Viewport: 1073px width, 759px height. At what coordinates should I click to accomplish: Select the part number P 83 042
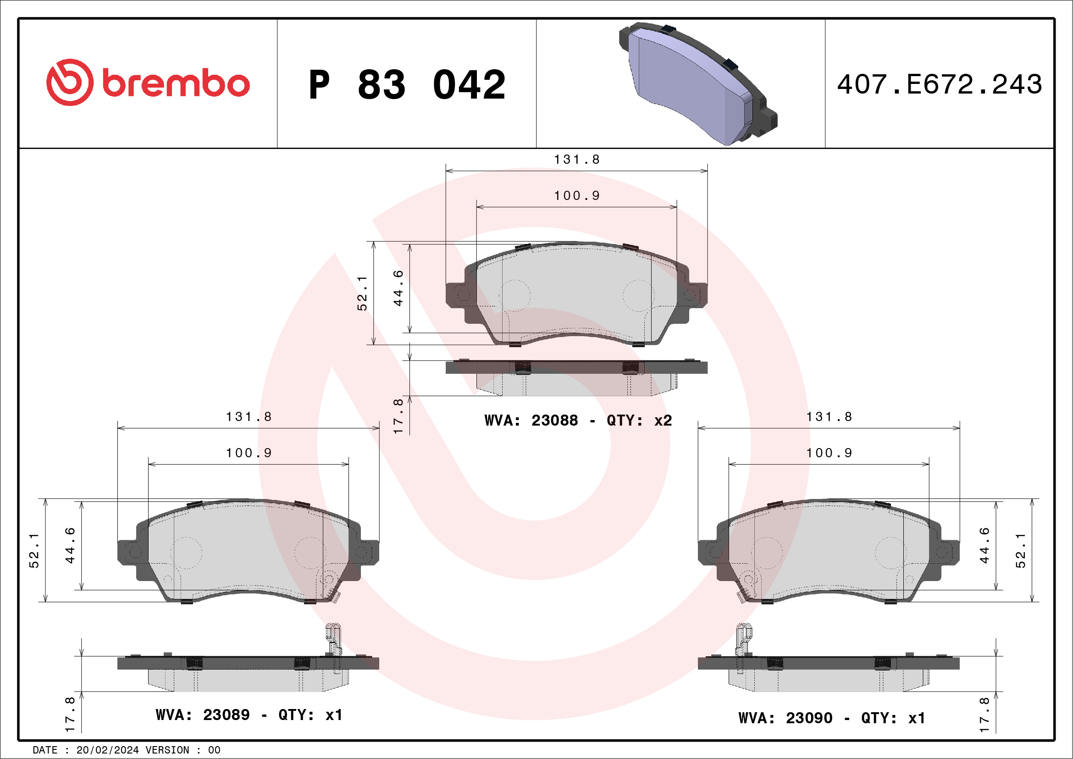(407, 84)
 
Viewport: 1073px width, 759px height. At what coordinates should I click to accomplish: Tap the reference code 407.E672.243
(940, 84)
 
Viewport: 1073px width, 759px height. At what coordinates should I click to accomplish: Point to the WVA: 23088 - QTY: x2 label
(578, 420)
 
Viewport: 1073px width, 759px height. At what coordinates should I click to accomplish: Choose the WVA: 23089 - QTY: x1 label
(249, 715)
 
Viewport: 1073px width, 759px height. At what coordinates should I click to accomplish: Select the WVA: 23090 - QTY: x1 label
(832, 718)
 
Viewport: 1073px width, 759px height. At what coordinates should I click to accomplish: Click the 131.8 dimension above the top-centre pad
(577, 160)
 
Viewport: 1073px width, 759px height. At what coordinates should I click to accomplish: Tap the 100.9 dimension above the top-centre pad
(577, 195)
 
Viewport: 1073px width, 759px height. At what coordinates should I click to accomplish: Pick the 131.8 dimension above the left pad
(249, 416)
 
